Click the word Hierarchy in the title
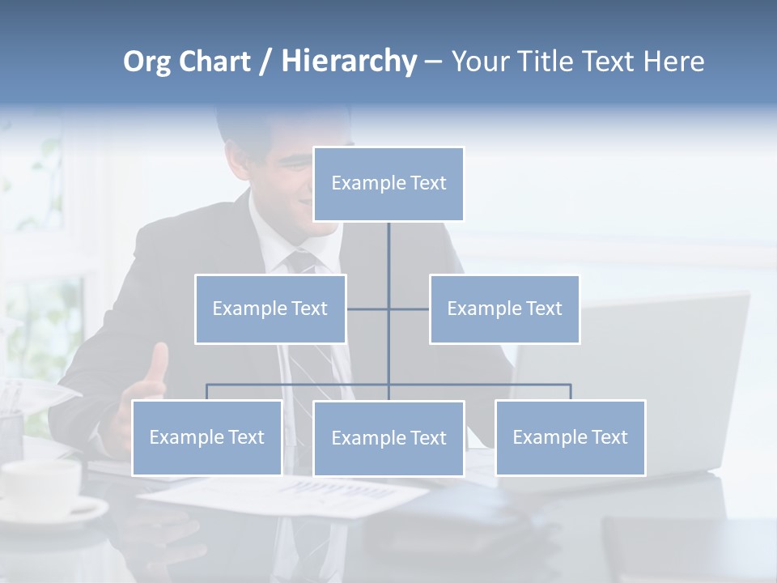tap(349, 62)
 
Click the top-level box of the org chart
tap(388, 184)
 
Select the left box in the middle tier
tap(270, 309)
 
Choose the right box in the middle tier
tap(504, 309)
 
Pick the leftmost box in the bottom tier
tap(206, 437)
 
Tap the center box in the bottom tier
tap(388, 438)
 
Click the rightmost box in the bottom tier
tap(570, 437)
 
